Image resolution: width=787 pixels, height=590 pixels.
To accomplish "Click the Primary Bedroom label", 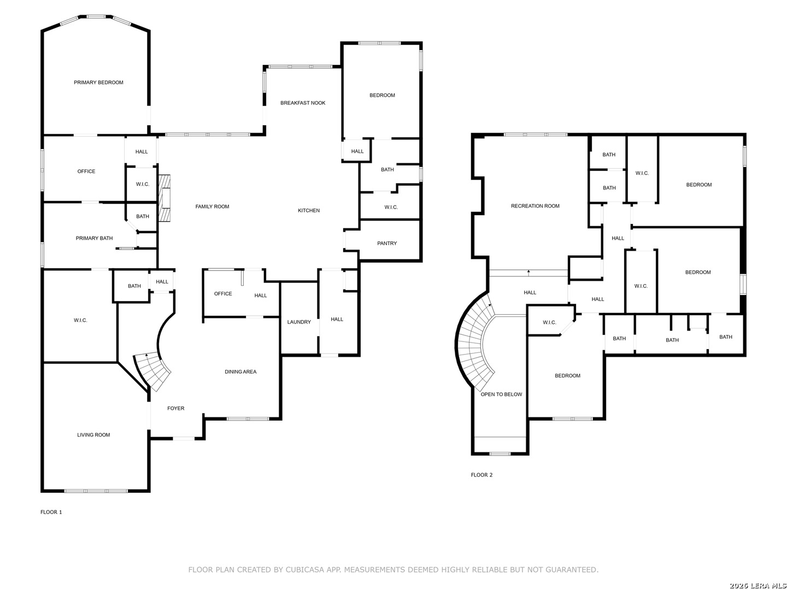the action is point(98,82).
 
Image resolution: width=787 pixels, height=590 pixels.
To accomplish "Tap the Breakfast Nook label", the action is point(303,103).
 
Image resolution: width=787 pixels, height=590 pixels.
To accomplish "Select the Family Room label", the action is point(212,206).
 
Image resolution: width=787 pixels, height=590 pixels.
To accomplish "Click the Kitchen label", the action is point(308,210).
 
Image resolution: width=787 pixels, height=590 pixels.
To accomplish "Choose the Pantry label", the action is point(387,243).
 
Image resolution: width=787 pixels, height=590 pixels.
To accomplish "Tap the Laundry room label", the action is point(298,322).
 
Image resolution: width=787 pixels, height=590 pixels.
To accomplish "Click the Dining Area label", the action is point(240,372).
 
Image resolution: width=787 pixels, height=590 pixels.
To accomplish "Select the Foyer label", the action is point(175,409).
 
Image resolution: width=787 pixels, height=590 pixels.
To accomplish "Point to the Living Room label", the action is point(93,435).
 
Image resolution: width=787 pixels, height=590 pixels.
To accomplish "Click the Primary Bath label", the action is point(94,238).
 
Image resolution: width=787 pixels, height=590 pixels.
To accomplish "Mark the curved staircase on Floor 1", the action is point(154,371).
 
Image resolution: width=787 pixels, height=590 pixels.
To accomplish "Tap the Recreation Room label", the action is point(535,206).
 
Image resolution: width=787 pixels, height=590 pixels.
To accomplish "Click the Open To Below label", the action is point(501,394).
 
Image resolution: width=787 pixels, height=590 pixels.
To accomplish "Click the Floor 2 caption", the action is point(481,475).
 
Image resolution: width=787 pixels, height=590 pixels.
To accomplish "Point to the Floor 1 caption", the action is point(51,512).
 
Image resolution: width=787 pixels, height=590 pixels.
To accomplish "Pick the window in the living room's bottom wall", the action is point(96,491).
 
